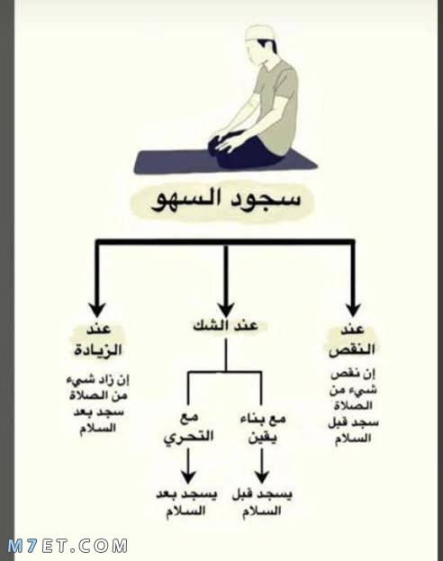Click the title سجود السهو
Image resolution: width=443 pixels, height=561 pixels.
coord(225,200)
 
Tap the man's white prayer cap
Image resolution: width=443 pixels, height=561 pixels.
coord(261,33)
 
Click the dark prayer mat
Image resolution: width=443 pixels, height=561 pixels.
coord(225,162)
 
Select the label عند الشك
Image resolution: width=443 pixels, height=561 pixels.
coord(225,326)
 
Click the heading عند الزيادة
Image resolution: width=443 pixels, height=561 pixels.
coord(98,339)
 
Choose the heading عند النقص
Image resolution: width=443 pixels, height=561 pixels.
coord(352,339)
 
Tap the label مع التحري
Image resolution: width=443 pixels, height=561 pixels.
coord(188,428)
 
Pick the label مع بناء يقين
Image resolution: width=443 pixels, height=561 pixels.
coord(263,429)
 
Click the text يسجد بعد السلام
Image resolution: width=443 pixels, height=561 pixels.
coord(186,502)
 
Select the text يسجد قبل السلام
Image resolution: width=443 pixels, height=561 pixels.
coord(262,502)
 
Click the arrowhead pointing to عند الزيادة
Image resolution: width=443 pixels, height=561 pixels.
coord(97,310)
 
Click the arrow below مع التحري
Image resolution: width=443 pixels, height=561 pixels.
coord(188,466)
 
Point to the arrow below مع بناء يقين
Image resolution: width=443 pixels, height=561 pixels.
coord(262,466)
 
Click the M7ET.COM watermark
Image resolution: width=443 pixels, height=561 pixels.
coord(68,546)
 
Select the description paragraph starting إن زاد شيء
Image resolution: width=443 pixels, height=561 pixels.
coord(98,403)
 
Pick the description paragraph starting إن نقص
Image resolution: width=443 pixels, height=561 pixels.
coord(353,406)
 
